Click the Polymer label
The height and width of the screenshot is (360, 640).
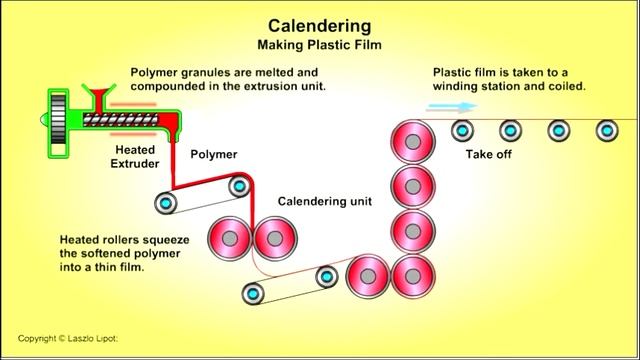[x=213, y=154]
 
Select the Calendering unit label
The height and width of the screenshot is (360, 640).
[x=324, y=201]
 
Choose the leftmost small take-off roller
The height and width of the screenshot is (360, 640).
[x=462, y=130]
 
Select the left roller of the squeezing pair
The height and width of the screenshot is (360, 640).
[x=231, y=239]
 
